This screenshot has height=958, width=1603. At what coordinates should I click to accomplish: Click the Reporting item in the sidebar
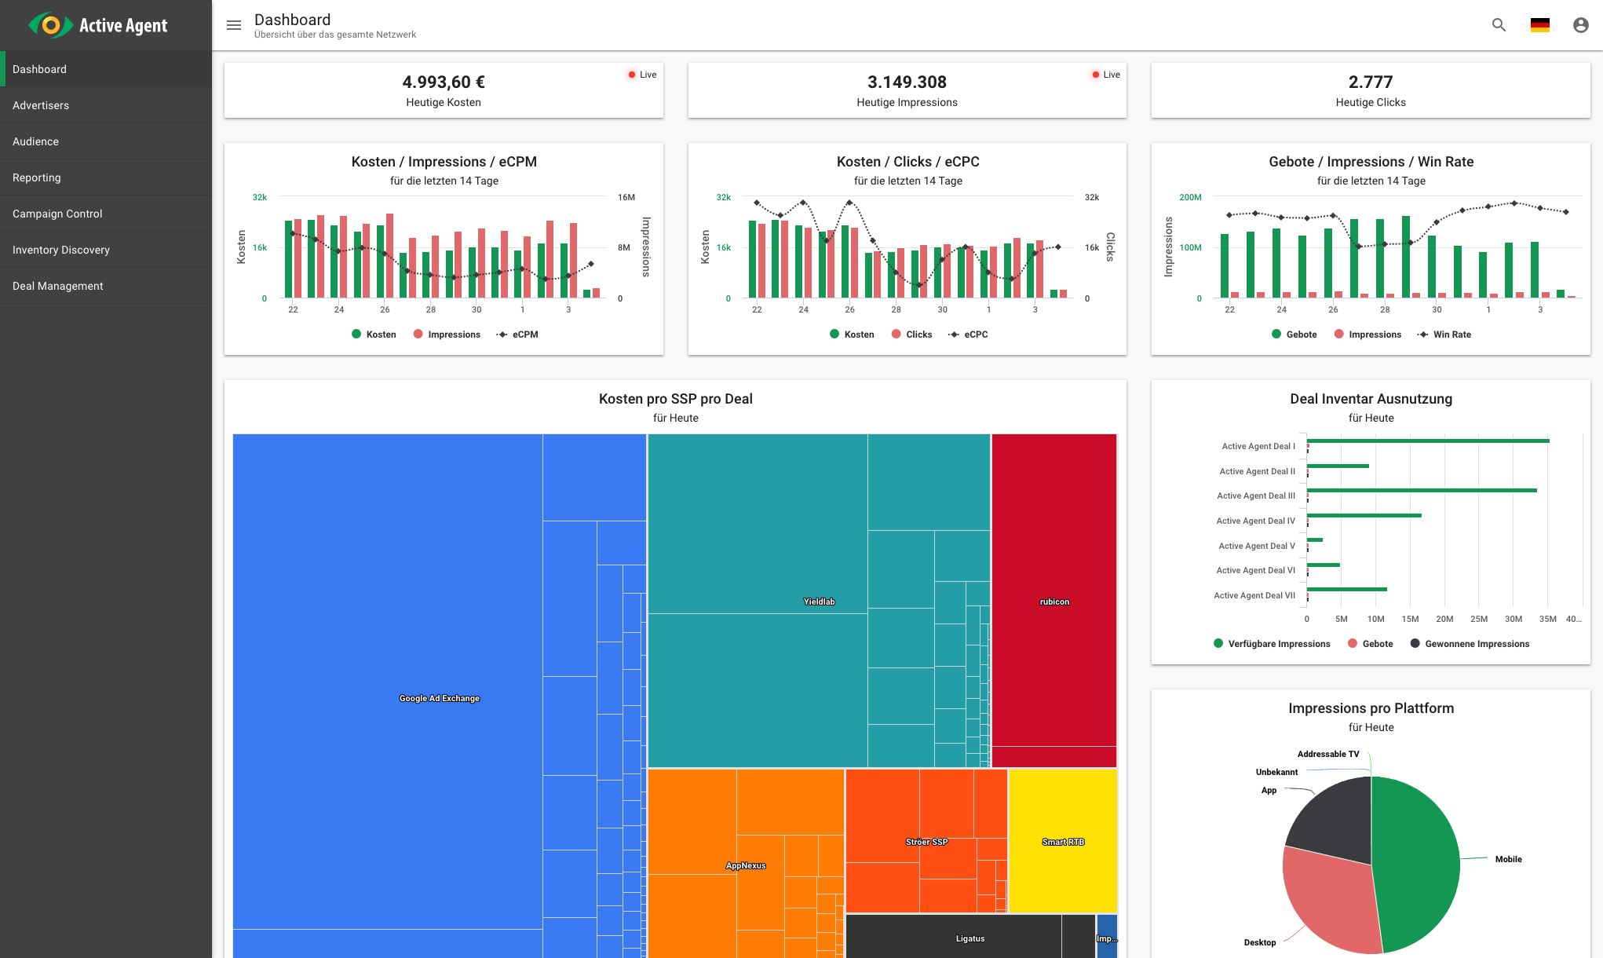pos(37,177)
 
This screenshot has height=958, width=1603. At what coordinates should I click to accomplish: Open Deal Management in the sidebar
pos(58,286)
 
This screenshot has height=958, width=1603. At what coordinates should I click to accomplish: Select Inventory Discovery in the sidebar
pos(61,250)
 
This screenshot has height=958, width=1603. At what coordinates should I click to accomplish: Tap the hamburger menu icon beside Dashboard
pos(234,25)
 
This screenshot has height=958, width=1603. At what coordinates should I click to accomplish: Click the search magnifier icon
pos(1499,25)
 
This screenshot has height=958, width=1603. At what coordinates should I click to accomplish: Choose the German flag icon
pos(1539,25)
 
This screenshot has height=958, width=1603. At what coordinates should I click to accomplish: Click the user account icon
pos(1580,25)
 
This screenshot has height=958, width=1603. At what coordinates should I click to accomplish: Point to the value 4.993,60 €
pos(444,82)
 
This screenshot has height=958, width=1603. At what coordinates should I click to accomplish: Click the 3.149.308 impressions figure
pos(907,82)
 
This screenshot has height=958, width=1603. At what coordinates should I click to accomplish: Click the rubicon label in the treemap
pos(1054,601)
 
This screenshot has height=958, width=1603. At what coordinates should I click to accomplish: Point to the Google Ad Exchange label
pos(439,698)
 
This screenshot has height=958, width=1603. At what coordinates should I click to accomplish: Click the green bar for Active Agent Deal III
pos(1421,491)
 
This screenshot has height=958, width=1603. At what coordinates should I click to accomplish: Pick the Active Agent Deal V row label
pos(1256,546)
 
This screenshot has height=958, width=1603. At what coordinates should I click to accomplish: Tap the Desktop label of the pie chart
pos(1259,942)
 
